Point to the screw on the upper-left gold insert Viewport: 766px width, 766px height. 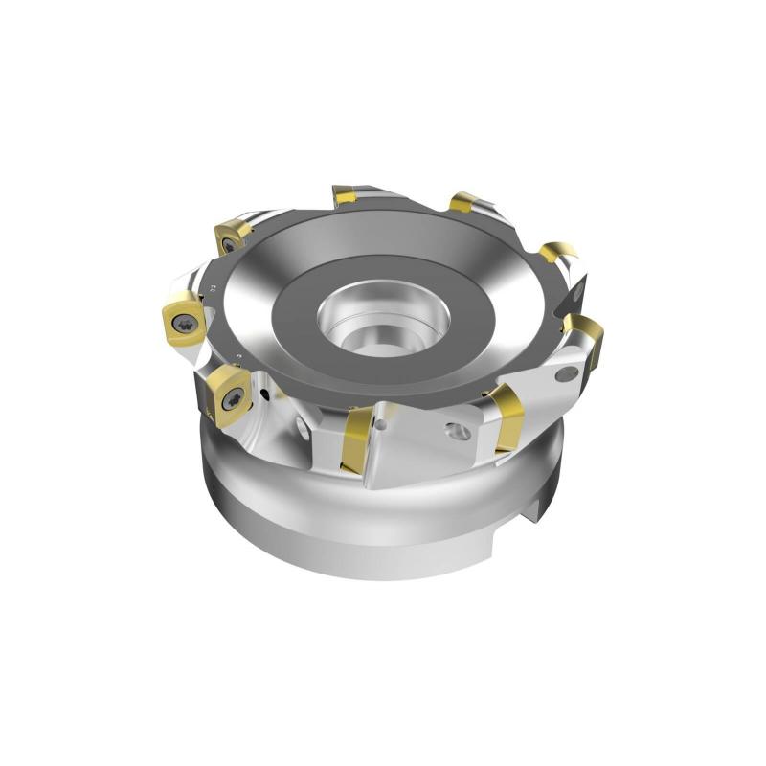click(228, 244)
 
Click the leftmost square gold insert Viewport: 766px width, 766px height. click(183, 320)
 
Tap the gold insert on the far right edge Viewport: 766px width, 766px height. click(586, 338)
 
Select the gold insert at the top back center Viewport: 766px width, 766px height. click(344, 196)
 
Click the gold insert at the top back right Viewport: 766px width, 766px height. click(462, 203)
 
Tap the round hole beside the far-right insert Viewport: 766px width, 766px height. click(567, 374)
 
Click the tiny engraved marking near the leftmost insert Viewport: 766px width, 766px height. click(210, 287)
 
